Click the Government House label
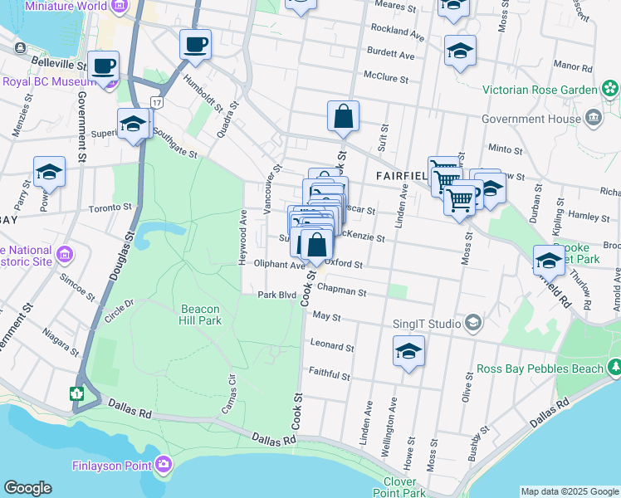pyautogui.click(x=531, y=119)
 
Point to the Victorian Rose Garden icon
pyautogui.click(x=611, y=88)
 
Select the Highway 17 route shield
pyautogui.click(x=155, y=101)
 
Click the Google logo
pyautogui.click(x=27, y=488)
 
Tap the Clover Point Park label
pyautogui.click(x=404, y=487)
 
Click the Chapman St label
pyautogui.click(x=343, y=292)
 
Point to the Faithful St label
pyautogui.click(x=329, y=375)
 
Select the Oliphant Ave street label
pyautogui.click(x=280, y=265)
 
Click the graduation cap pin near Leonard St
pyautogui.click(x=408, y=350)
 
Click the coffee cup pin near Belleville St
pyautogui.click(x=104, y=66)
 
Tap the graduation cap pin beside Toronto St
pyautogui.click(x=49, y=172)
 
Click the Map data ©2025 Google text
pyautogui.click(x=569, y=491)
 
